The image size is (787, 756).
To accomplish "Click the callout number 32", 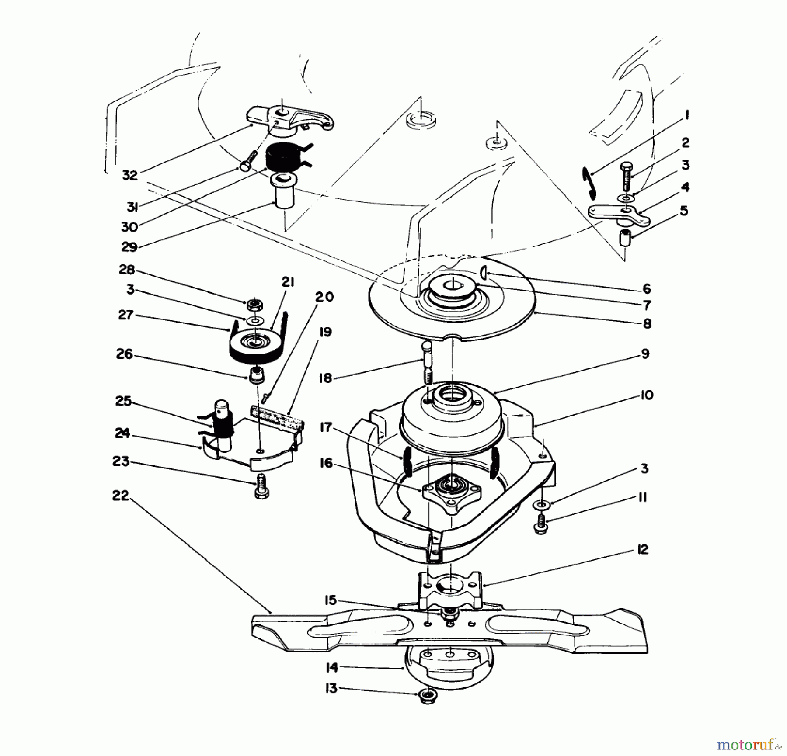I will [130, 175].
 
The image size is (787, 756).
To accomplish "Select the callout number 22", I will [121, 496].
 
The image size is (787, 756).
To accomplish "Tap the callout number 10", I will [646, 395].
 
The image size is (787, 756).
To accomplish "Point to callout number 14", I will [332, 668].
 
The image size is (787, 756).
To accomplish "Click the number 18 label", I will [325, 378].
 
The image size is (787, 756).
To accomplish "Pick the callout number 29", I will [129, 247].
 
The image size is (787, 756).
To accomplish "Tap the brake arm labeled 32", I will [289, 118].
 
